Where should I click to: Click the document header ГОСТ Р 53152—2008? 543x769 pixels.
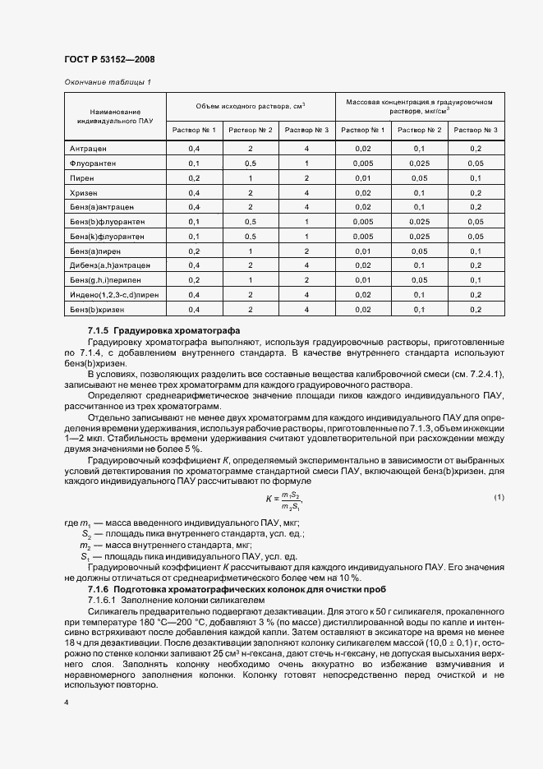tap(109, 59)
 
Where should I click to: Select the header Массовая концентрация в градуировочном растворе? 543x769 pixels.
tap(419, 106)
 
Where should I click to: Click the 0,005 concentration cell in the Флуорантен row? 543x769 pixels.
tap(363, 163)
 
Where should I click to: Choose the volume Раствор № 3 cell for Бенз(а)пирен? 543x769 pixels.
tap(306, 251)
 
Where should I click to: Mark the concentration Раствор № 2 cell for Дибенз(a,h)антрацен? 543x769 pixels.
tap(419, 265)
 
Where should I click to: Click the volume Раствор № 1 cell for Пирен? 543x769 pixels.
tap(194, 177)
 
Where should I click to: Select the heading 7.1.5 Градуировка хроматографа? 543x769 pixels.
tap(163, 330)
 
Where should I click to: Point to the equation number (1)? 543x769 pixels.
tap(499, 498)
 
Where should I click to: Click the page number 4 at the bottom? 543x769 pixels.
tap(67, 702)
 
